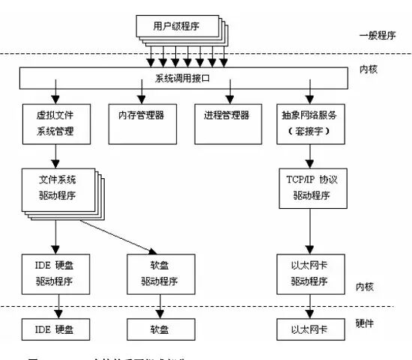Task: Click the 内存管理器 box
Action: pos(142,118)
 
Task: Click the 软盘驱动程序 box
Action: pos(158,272)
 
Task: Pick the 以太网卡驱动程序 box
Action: pos(309,272)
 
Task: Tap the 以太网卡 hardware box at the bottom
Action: pos(309,329)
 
